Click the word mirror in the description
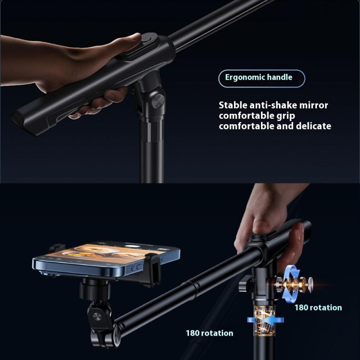(x=314, y=105)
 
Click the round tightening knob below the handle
(x=158, y=101)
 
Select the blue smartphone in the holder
(x=106, y=258)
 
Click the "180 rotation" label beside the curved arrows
(x=318, y=308)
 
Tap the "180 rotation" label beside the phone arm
(x=209, y=333)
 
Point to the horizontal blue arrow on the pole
(x=265, y=320)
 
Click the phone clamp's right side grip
(x=152, y=269)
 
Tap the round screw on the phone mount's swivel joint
(x=97, y=316)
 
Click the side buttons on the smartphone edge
(x=136, y=268)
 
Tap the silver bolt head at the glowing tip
(x=310, y=283)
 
